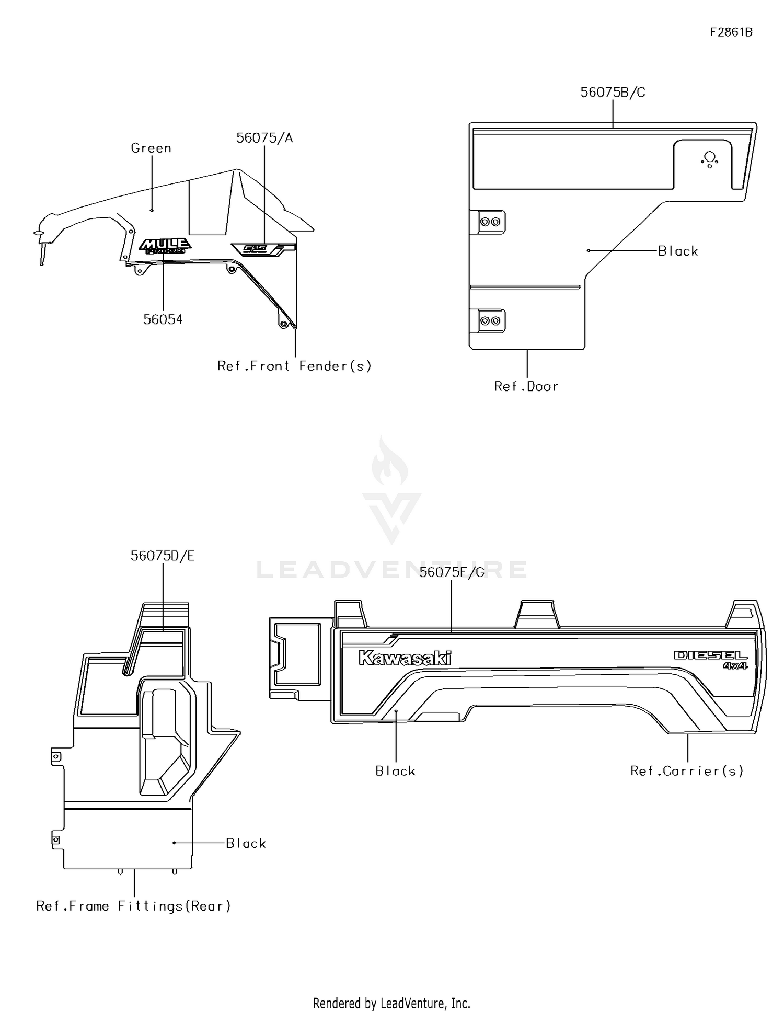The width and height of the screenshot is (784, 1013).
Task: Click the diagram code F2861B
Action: click(731, 32)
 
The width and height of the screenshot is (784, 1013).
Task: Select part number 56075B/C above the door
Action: click(613, 93)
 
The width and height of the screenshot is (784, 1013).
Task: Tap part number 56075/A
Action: click(264, 138)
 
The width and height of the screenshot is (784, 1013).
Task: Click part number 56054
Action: click(163, 319)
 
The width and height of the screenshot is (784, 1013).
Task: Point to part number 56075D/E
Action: click(163, 556)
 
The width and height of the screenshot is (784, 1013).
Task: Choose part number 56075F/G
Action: click(452, 572)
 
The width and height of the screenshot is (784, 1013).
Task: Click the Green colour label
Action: click(151, 148)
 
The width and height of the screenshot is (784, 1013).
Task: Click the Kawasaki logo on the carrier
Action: click(405, 658)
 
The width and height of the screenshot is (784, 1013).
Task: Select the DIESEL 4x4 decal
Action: click(711, 659)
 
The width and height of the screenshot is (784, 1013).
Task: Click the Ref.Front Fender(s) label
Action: click(294, 366)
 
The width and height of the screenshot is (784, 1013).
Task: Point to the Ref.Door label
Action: click(526, 386)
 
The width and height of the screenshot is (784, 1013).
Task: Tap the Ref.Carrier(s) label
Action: click(687, 771)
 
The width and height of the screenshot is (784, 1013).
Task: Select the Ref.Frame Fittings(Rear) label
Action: click(133, 906)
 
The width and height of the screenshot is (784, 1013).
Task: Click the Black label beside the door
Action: click(678, 251)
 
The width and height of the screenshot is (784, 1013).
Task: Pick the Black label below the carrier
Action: click(396, 771)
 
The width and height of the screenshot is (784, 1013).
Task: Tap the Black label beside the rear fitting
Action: click(246, 843)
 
